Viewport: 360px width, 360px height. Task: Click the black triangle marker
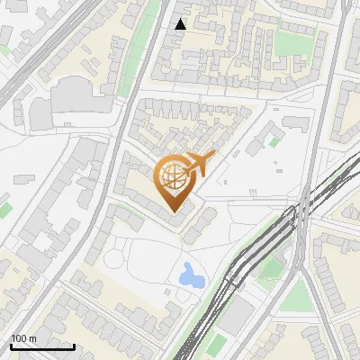(181, 24)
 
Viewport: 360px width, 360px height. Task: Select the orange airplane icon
(199, 164)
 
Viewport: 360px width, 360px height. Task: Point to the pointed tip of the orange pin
(172, 210)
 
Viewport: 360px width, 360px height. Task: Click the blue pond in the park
(191, 274)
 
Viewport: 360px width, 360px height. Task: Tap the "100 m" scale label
(24, 337)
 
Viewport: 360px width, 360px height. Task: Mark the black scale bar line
(42, 346)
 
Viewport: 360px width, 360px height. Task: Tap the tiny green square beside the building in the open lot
(273, 142)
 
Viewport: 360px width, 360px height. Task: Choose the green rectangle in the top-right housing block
(290, 42)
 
